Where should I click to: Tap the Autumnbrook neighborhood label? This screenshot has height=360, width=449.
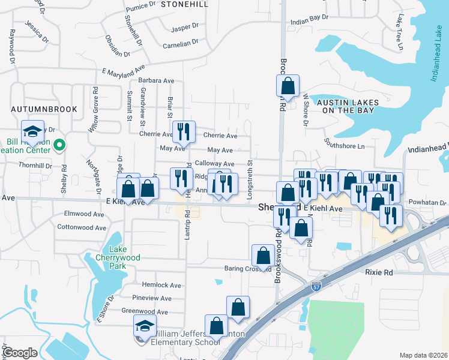tap(44, 109)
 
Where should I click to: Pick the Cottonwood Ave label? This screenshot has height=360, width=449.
tap(82, 227)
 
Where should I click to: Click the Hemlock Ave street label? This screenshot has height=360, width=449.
tap(161, 285)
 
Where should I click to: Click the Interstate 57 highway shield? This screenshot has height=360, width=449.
tap(316, 287)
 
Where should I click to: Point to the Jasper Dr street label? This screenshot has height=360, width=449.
tap(184, 28)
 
